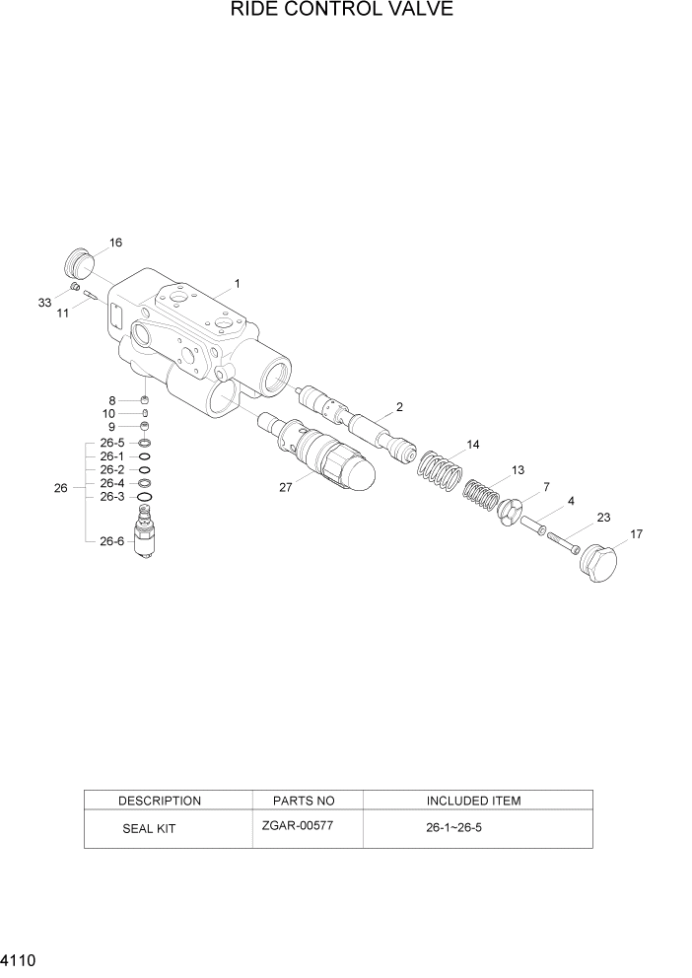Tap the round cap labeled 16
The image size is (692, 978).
[x=79, y=263]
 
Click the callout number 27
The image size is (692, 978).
[x=286, y=487]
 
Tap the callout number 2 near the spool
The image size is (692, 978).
[x=399, y=406]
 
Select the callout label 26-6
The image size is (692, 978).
[x=111, y=540]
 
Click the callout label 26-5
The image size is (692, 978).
[x=111, y=443]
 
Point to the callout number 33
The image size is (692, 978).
[x=44, y=304]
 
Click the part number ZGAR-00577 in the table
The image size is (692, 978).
[x=298, y=825]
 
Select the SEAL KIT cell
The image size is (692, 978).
[x=149, y=829]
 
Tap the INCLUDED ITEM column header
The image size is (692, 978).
[x=473, y=801]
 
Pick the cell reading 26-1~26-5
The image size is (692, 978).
[x=452, y=828]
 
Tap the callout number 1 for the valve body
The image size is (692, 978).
[x=238, y=284]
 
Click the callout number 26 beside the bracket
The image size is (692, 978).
[x=61, y=488]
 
